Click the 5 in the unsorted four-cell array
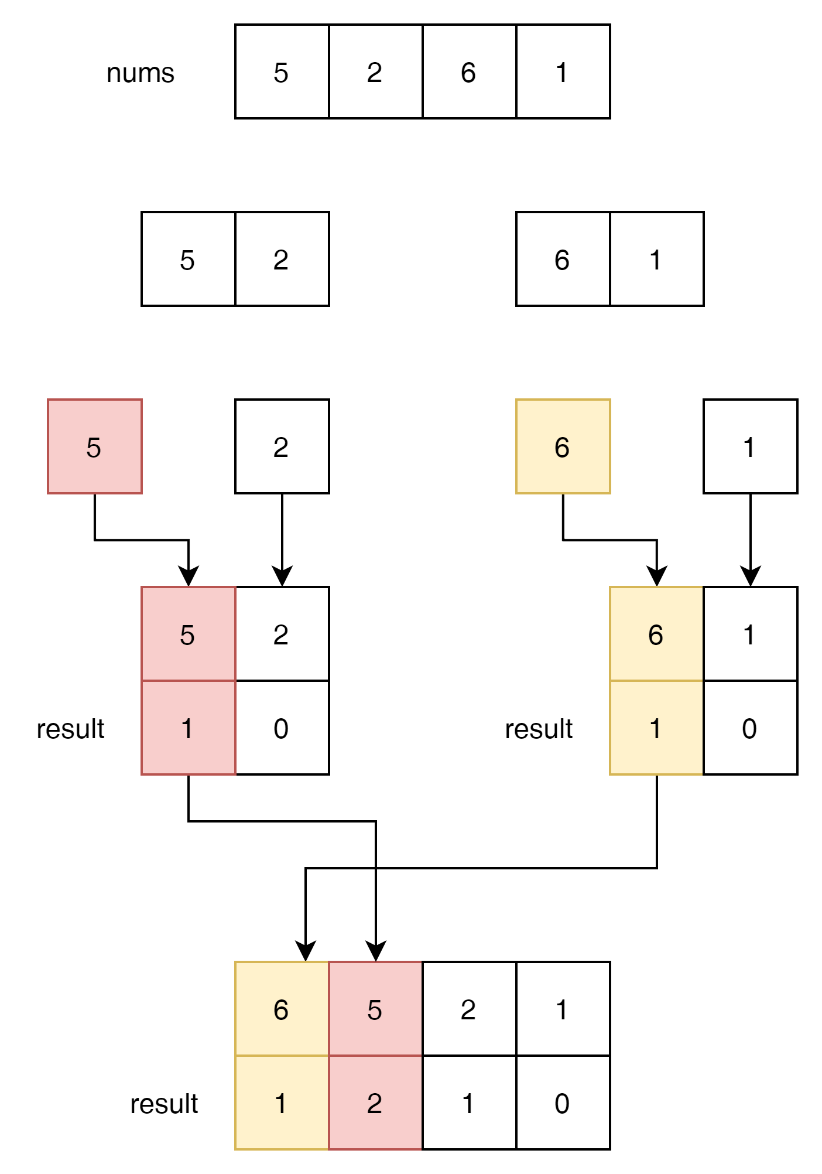click(281, 72)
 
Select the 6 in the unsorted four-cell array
click(468, 72)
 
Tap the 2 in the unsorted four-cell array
click(375, 72)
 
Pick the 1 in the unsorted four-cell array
click(562, 72)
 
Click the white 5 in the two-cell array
click(187, 260)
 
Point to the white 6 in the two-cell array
click(562, 260)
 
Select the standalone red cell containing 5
click(94, 447)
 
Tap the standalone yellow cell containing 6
click(563, 447)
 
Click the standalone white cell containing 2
click(282, 447)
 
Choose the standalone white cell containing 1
click(750, 447)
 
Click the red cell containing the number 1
click(188, 728)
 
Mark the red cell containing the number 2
click(375, 1103)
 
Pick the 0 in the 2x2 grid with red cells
click(282, 728)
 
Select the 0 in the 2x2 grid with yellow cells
click(750, 728)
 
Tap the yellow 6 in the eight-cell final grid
click(281, 1009)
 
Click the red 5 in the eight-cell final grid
click(375, 1009)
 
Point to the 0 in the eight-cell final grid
click(562, 1103)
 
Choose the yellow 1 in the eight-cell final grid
click(281, 1103)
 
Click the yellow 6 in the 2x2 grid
click(656, 634)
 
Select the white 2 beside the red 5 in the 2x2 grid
click(282, 634)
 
